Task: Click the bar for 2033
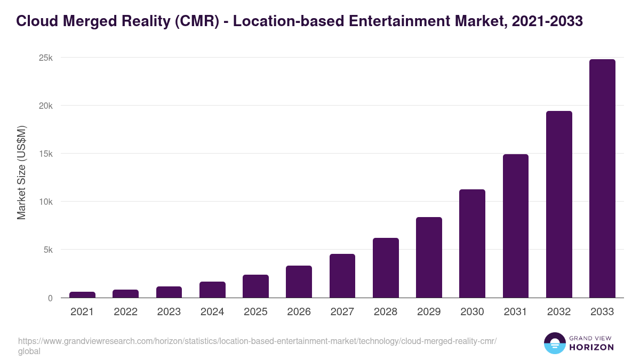602,178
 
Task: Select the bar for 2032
559,204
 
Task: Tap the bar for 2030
472,243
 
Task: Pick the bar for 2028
386,268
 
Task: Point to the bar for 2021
82,294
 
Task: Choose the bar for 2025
255,286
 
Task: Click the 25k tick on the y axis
46,58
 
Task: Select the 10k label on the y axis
46,202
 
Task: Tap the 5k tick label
48,250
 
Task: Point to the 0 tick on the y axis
50,298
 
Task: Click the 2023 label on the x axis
169,312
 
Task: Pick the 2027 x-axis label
342,312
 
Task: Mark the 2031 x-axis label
516,312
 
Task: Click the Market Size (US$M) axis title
21,172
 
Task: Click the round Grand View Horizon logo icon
554,343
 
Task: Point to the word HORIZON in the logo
591,347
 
